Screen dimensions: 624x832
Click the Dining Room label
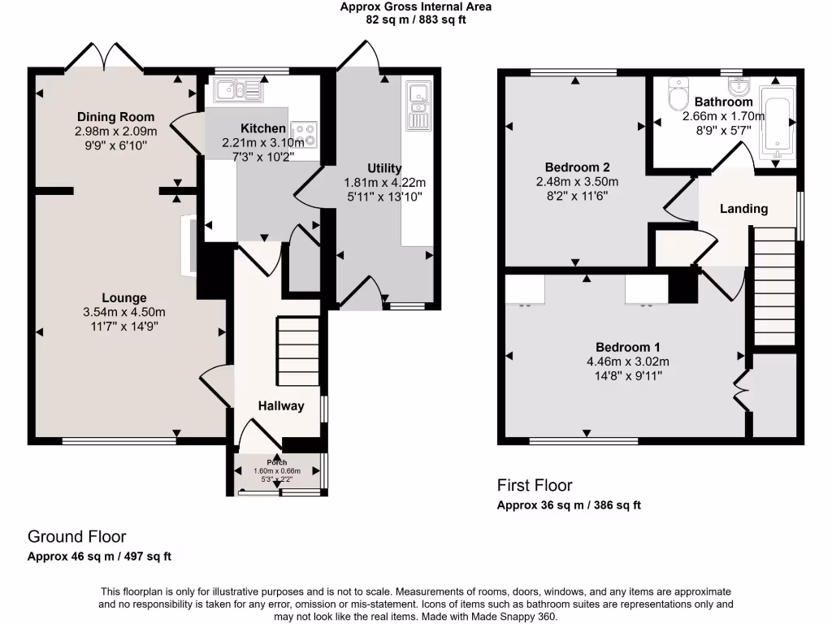coord(115,117)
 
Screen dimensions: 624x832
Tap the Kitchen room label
coord(263,128)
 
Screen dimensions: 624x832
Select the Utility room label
coord(384,168)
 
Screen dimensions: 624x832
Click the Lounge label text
coord(124,297)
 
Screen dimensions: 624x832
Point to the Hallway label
coord(281,405)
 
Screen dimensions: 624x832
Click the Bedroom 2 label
coord(578,167)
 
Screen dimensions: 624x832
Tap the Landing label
coord(743,209)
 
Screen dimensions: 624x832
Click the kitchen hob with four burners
coord(305,132)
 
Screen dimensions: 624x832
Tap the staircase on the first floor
coord(774,286)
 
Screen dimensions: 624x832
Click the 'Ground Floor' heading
coord(76,536)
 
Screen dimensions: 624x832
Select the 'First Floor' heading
coord(535,485)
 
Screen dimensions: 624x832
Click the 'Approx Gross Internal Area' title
coord(415,6)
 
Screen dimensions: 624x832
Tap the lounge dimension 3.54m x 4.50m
coord(124,312)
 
